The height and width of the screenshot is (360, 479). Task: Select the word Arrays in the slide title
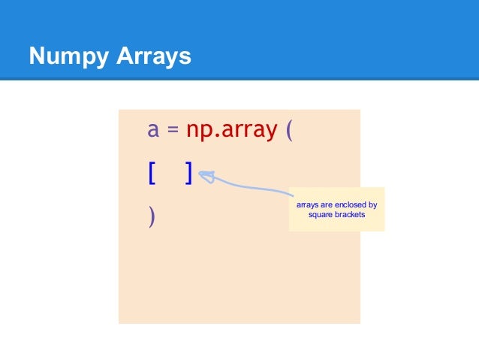(153, 56)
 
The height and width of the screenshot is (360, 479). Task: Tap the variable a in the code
(153, 131)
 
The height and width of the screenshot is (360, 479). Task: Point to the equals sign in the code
(172, 131)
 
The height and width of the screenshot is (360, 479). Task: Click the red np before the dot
(199, 132)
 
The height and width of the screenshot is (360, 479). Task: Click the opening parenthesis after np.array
(290, 132)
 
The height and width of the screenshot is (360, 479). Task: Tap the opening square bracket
(152, 174)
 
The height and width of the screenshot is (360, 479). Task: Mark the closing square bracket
(189, 174)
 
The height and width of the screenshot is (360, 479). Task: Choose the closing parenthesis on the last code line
(152, 217)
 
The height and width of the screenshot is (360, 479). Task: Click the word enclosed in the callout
(350, 204)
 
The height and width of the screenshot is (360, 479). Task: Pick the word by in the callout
(372, 204)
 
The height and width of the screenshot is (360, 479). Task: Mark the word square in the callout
(321, 214)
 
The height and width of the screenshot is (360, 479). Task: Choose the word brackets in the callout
(349, 214)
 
